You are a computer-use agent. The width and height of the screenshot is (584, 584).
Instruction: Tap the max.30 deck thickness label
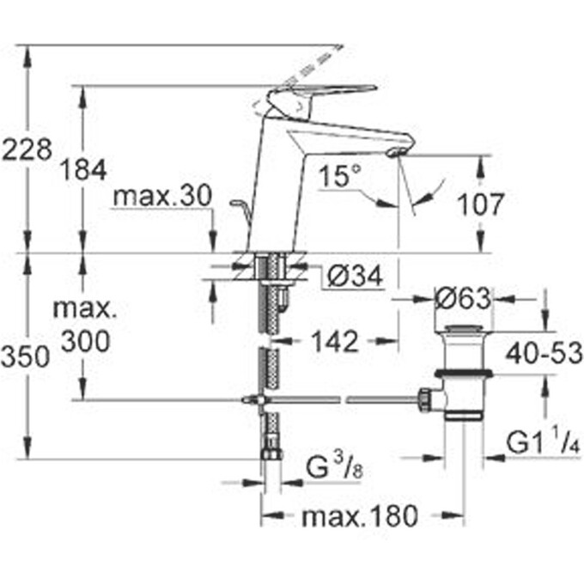[x=161, y=197]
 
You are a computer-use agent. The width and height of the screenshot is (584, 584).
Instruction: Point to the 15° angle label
[x=338, y=177]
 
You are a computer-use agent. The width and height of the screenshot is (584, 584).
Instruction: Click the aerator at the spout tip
[x=394, y=152]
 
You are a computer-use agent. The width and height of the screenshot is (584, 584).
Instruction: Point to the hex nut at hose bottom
[x=271, y=453]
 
